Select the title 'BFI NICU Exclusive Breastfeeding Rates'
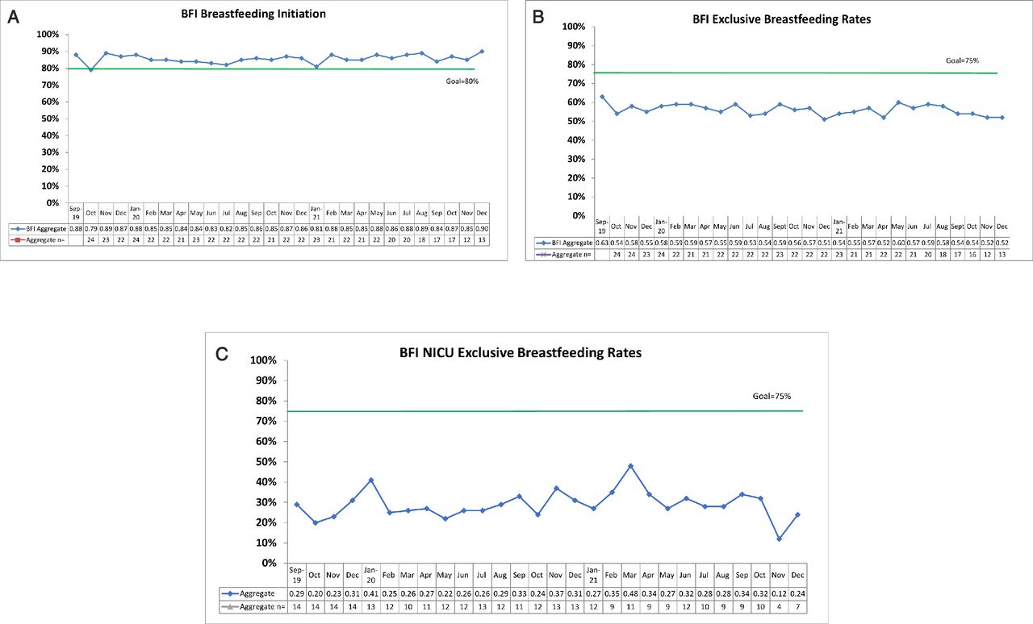pyautogui.click(x=521, y=352)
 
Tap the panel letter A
pyautogui.click(x=13, y=15)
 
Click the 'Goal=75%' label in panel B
pyautogui.click(x=962, y=60)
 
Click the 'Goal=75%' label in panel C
pyautogui.click(x=773, y=397)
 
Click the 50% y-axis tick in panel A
pyautogui.click(x=48, y=119)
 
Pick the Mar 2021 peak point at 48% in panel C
pyautogui.click(x=630, y=466)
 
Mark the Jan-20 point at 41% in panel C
pyautogui.click(x=370, y=480)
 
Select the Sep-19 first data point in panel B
pyautogui.click(x=602, y=97)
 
